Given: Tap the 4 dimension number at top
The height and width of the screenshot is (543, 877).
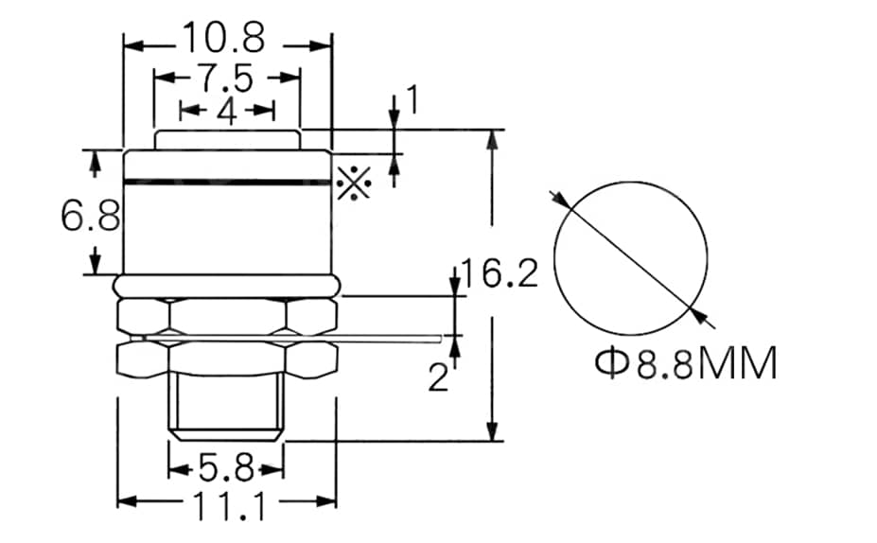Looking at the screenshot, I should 226,111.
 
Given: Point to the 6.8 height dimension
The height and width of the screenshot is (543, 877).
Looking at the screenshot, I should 90,217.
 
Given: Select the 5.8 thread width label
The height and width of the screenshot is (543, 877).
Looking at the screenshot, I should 226,467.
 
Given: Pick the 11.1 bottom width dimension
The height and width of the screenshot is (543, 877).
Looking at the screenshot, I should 229,508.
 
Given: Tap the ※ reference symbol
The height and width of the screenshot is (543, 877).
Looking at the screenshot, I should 353,182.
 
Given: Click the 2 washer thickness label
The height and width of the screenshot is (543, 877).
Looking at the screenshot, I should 437,377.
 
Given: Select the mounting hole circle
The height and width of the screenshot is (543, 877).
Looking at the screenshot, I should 631,251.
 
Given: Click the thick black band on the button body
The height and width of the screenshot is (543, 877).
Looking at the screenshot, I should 227,181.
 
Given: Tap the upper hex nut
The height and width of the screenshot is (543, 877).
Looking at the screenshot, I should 227,315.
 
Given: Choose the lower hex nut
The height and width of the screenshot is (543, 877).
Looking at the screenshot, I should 227,358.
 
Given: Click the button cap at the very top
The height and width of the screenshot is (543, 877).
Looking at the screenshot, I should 227,139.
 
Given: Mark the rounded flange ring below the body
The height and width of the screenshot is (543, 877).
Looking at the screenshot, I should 227,285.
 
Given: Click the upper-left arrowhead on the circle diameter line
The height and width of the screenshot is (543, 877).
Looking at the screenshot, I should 560,199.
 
